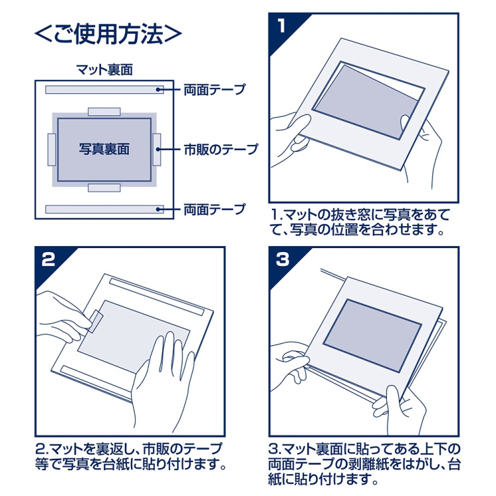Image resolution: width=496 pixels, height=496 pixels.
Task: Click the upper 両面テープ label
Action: point(214,89)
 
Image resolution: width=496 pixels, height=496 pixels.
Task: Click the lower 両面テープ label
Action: point(214,209)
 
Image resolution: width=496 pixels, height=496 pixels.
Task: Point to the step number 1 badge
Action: point(282,26)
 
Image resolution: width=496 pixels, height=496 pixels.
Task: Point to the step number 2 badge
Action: point(48,259)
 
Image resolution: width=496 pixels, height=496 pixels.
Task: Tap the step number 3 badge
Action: point(282,259)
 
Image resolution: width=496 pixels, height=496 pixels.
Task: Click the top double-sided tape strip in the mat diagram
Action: point(104,89)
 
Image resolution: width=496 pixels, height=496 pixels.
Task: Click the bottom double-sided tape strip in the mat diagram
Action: point(104,209)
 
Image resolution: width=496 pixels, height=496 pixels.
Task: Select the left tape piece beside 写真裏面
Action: point(52,149)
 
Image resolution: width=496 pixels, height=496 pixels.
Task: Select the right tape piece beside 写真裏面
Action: point(157,149)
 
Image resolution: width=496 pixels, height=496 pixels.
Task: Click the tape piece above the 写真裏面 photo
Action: point(104,111)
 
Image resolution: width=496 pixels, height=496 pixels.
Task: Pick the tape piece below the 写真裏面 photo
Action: point(104,188)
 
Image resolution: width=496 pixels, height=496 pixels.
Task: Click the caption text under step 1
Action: point(361,222)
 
